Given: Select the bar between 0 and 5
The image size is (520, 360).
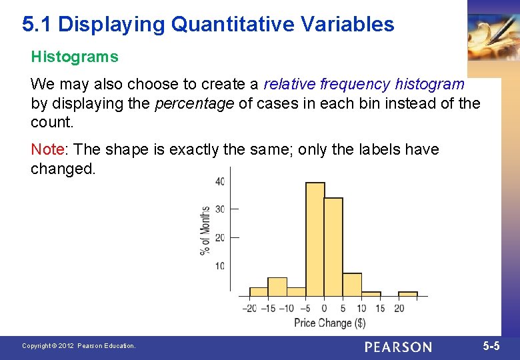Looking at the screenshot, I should (333, 247).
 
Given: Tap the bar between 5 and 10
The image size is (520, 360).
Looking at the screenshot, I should (352, 284).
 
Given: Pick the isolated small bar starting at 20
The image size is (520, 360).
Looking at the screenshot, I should (408, 293).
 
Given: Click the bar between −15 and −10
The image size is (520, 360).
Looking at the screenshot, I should (277, 287).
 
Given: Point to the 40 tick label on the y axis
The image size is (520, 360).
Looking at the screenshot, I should (220, 181).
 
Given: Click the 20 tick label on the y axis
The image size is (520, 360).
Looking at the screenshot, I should (220, 237).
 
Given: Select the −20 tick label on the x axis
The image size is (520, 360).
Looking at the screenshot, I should (249, 308).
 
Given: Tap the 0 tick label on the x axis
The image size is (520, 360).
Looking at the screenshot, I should (324, 308).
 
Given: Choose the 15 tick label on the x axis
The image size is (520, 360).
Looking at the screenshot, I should (380, 308).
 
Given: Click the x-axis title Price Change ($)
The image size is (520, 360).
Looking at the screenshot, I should (330, 323).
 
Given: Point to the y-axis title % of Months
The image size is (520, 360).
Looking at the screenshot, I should (205, 230).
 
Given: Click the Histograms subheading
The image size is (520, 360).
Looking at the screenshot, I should (75, 57).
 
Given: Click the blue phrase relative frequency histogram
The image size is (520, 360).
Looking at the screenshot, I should (364, 85).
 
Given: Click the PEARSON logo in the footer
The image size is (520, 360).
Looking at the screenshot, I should (398, 347).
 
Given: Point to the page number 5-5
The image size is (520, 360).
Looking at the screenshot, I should (491, 346).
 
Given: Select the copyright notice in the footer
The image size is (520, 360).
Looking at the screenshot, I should (79, 346).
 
